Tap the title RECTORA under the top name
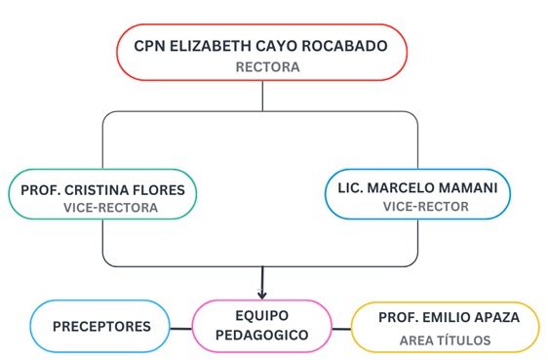(x=266, y=67)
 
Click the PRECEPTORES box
(x=101, y=326)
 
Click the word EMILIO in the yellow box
(x=436, y=317)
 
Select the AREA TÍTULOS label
(x=445, y=340)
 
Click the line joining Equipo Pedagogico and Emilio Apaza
(x=341, y=328)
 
